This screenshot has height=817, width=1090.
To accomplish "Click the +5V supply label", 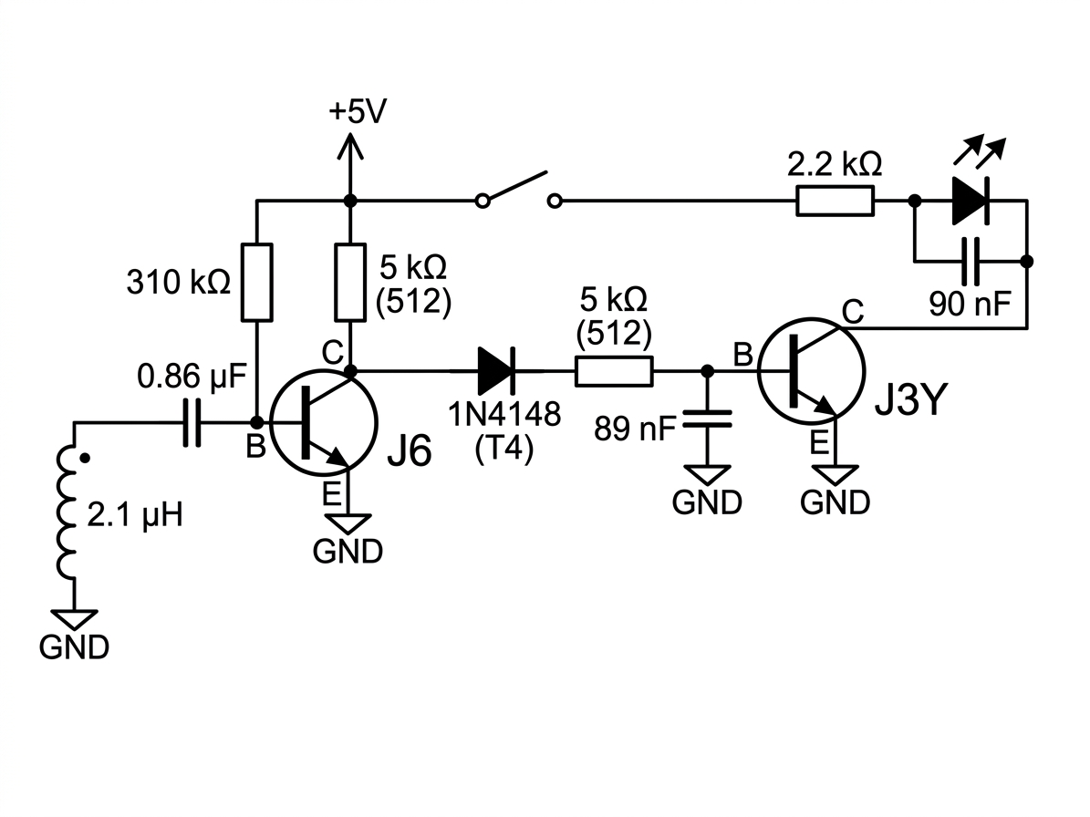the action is pos(358,111).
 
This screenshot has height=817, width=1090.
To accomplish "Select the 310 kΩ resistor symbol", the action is pos(256,282).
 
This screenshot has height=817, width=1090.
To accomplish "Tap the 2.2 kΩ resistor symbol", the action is pos(835,202).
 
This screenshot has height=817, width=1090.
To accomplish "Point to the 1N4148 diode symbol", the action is pos(496,371).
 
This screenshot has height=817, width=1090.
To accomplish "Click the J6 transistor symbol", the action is pos(323,421).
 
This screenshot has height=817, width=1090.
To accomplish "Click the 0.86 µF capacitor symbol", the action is pos(192,421).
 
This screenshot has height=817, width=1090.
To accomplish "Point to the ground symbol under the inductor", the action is pos(74,620).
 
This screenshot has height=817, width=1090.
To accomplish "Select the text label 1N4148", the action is pos(504,415).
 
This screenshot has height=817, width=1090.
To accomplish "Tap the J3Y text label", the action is pos(910,401).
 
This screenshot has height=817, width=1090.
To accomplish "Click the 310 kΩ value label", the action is pos(178,283).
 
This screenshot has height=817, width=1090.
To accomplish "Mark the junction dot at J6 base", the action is pos(256,421).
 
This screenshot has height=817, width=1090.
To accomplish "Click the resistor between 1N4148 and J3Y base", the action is pos(614,371).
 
